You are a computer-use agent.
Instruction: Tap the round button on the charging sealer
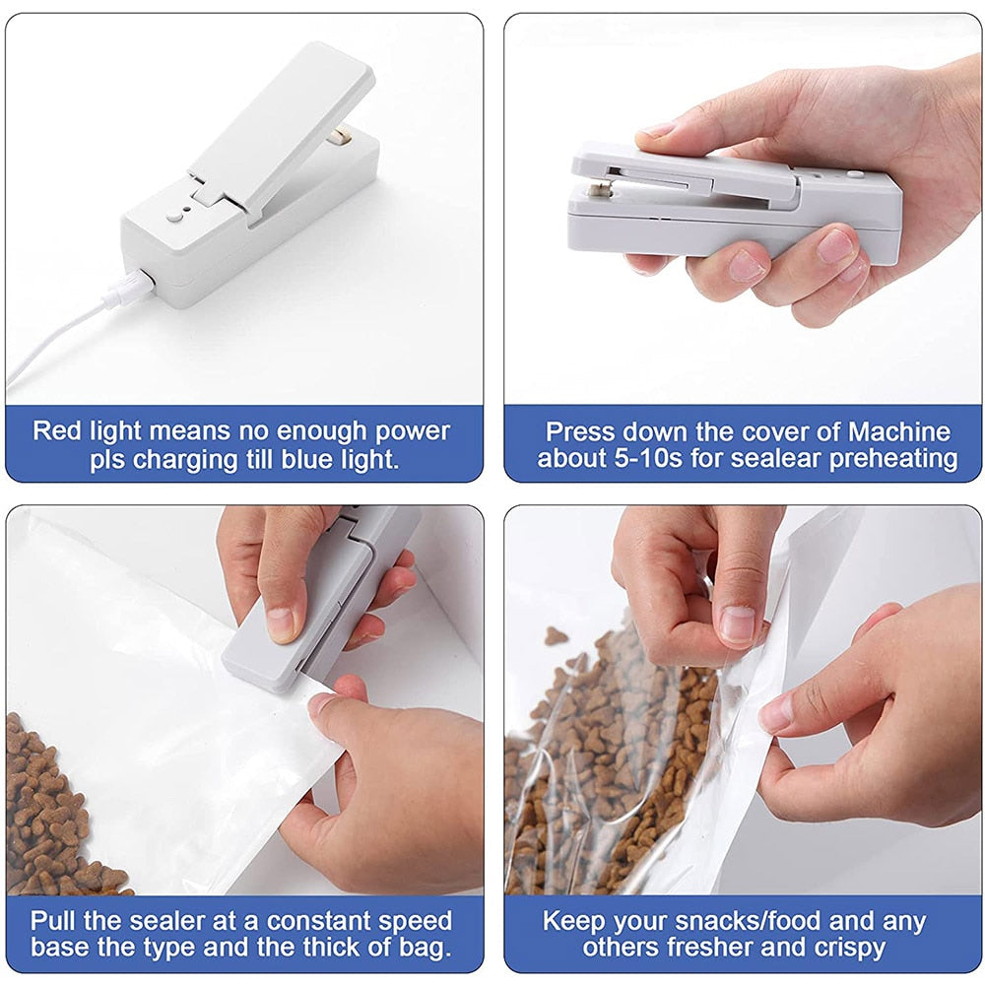point(174,218)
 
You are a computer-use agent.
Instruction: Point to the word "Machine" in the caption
point(899,432)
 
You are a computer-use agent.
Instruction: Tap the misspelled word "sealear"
point(776,459)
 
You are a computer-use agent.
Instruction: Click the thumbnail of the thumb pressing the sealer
point(280,623)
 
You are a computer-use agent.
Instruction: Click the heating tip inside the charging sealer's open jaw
point(341,135)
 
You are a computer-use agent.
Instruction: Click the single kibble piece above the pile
point(555,635)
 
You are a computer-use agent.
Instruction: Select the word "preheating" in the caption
point(893,459)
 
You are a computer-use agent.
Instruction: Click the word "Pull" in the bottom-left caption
point(53,922)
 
